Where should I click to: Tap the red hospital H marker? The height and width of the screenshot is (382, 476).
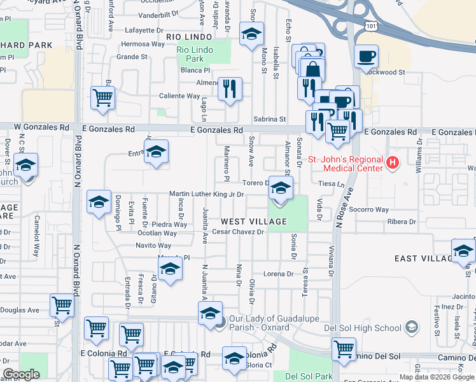coord(393,163)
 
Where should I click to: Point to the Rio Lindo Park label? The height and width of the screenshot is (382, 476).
coord(199,54)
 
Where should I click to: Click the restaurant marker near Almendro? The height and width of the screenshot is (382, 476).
coord(230,90)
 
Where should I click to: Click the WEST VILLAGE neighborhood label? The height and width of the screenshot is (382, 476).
coord(254,222)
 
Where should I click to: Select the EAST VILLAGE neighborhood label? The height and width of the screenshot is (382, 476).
coord(423,258)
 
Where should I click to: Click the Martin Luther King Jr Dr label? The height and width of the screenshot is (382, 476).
coord(206,194)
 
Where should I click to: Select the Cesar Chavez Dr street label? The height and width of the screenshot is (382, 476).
coord(238,232)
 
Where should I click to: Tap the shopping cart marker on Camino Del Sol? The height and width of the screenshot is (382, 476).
coord(344,349)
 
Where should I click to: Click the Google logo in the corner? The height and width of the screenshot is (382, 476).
coord(21,374)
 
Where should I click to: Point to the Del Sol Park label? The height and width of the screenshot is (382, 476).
coord(309,376)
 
